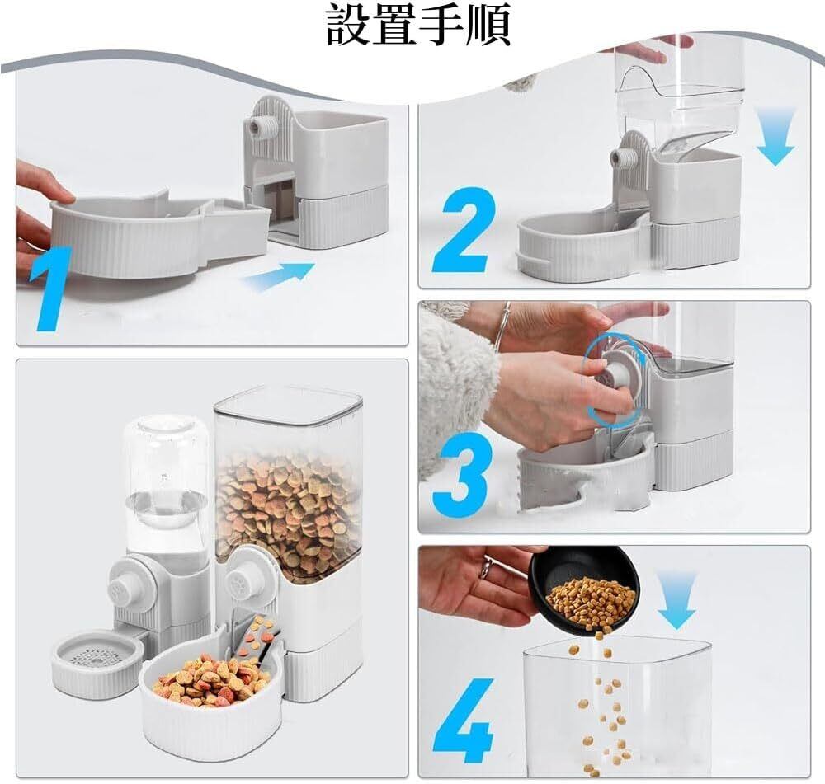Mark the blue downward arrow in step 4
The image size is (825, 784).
click(676, 599)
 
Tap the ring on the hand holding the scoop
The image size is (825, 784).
click(487, 568)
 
